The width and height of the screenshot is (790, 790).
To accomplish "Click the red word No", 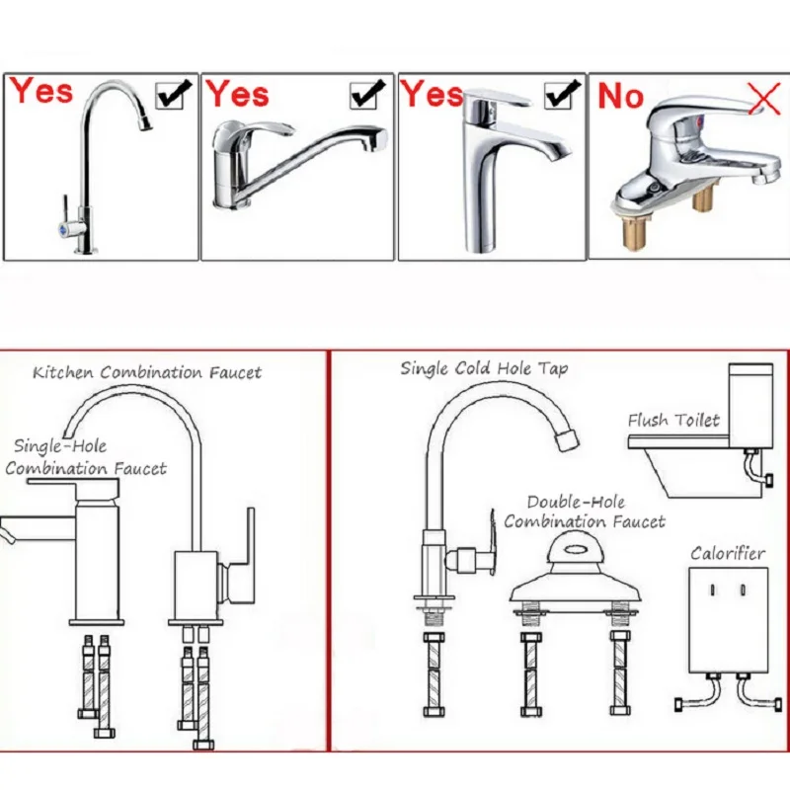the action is coord(620,97).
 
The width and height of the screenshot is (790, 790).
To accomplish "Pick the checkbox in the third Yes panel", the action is coord(559,95).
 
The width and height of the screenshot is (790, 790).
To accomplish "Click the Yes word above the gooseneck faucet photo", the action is coord(41,92).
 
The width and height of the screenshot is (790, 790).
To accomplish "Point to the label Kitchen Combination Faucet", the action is coord(147,372).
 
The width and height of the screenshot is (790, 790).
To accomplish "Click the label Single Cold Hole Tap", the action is coord(484,368).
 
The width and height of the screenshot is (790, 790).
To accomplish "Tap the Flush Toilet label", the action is coord(673,420).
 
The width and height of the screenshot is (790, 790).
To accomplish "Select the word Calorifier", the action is coord(727,553).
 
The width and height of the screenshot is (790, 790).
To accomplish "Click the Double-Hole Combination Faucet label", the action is coord(585,512).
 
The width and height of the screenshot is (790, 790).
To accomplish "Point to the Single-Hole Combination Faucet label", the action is coord(86,457).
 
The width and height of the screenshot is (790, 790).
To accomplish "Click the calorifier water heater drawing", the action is coord(728,619).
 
